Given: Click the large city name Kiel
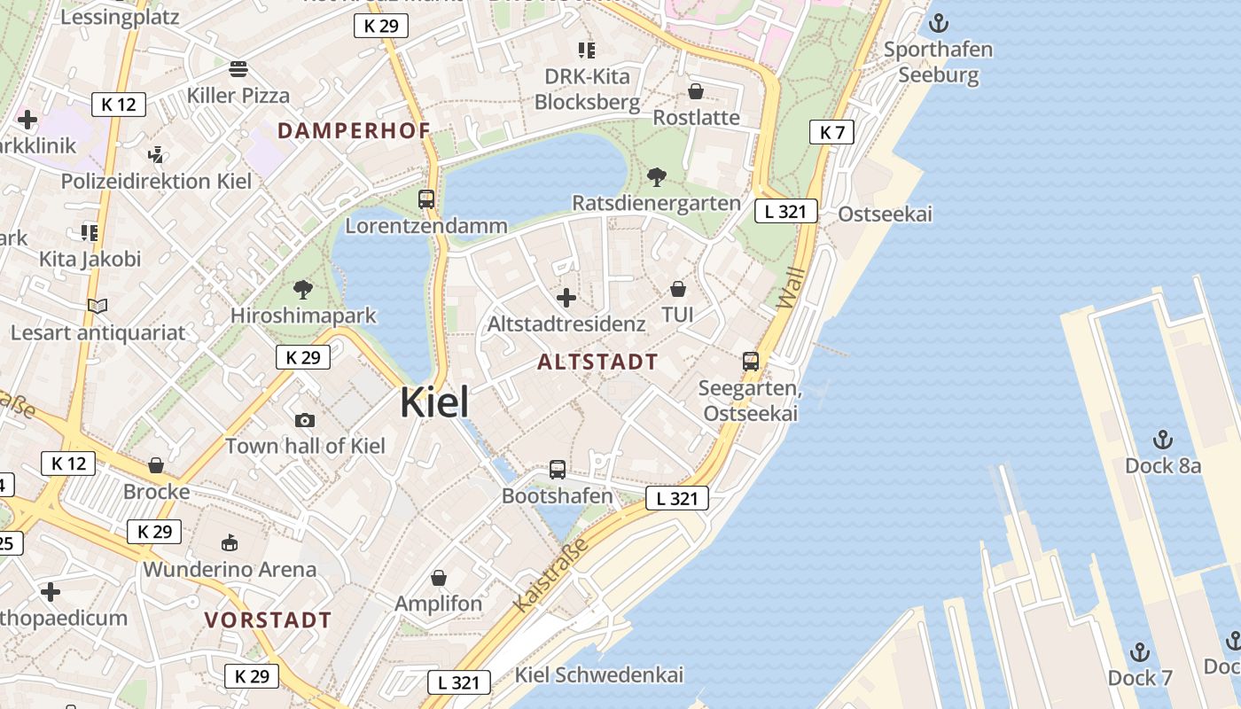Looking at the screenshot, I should [434, 402].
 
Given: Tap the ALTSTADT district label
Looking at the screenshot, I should [597, 362].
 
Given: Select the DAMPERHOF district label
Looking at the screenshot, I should [354, 130].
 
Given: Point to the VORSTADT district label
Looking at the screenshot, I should [268, 619].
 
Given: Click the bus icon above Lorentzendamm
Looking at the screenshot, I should [426, 199].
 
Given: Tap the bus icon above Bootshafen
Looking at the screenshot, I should [557, 470].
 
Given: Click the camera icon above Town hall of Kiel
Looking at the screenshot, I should [305, 420].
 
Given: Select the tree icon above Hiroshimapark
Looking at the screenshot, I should [303, 289].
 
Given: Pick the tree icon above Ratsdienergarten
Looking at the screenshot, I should [656, 177].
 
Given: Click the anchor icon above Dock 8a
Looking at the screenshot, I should [1162, 440].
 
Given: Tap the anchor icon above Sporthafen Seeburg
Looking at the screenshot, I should [938, 23].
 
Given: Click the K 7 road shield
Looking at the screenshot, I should [831, 133].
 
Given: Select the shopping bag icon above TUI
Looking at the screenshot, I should [677, 289].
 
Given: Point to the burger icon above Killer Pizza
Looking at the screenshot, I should [238, 68].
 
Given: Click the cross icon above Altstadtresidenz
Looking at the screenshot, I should [566, 298].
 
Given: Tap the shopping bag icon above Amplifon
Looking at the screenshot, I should [438, 579].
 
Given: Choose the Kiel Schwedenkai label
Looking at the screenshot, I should [599, 674].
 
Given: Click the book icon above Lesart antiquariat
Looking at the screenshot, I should [98, 307].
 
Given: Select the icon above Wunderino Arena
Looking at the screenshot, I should [230, 542].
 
